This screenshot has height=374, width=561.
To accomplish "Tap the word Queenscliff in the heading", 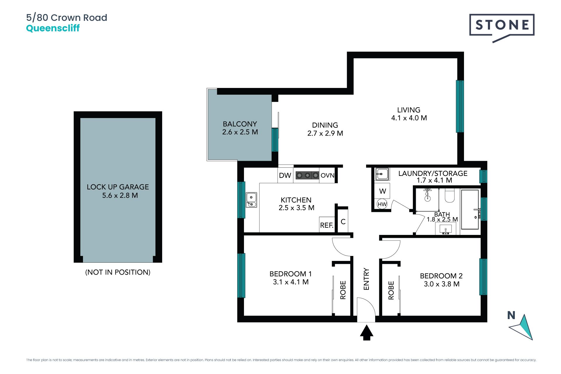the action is (x=53, y=28).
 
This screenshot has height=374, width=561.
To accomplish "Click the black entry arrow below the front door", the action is (x=366, y=333).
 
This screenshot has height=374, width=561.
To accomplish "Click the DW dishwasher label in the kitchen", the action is (x=285, y=175).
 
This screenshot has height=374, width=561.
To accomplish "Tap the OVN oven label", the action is (x=327, y=175).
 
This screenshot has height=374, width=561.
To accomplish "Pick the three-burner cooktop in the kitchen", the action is (x=307, y=175).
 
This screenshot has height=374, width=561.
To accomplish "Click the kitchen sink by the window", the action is (x=251, y=200).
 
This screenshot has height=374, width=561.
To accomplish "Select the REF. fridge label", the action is (x=327, y=225).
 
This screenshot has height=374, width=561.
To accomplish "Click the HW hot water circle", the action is (x=382, y=204).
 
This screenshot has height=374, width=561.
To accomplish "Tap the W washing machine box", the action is (x=382, y=191).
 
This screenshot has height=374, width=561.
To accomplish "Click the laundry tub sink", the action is (x=382, y=174).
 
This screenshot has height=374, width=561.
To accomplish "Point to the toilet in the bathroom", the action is (x=450, y=195).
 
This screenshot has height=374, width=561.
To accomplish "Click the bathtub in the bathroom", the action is (x=470, y=209).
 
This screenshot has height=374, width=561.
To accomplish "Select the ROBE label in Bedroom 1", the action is (x=343, y=290).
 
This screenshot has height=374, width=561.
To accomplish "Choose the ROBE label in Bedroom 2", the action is (x=391, y=290).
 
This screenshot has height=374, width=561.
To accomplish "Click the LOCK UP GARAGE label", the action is (x=118, y=187).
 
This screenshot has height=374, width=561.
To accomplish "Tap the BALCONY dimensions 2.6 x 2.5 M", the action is (x=240, y=132).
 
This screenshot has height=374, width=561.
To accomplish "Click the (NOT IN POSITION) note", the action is (x=118, y=272).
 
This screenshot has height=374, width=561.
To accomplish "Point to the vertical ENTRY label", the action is (x=366, y=279).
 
